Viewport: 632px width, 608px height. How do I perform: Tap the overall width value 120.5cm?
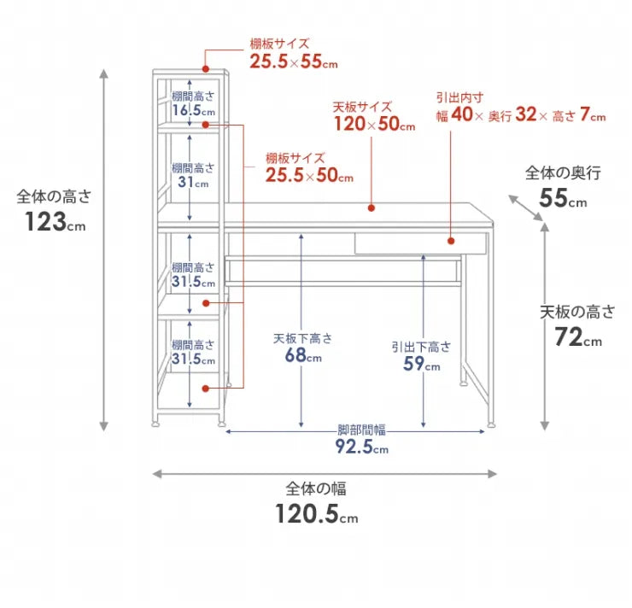[316, 514]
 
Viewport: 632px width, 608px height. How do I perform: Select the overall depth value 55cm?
[564, 199]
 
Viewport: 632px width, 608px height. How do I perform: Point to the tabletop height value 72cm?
[578, 337]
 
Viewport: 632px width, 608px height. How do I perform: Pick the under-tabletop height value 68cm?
[302, 356]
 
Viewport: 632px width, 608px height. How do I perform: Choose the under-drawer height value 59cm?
[421, 365]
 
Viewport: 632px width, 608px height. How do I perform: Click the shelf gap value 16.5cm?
[192, 111]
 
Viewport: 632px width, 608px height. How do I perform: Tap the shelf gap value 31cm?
[192, 183]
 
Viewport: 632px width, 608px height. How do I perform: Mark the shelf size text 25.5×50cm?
[308, 176]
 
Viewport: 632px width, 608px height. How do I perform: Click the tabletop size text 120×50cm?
[373, 125]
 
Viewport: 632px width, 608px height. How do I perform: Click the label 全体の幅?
[316, 489]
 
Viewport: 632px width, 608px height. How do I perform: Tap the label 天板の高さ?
[577, 312]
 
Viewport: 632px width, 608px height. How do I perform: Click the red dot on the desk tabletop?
[372, 208]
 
